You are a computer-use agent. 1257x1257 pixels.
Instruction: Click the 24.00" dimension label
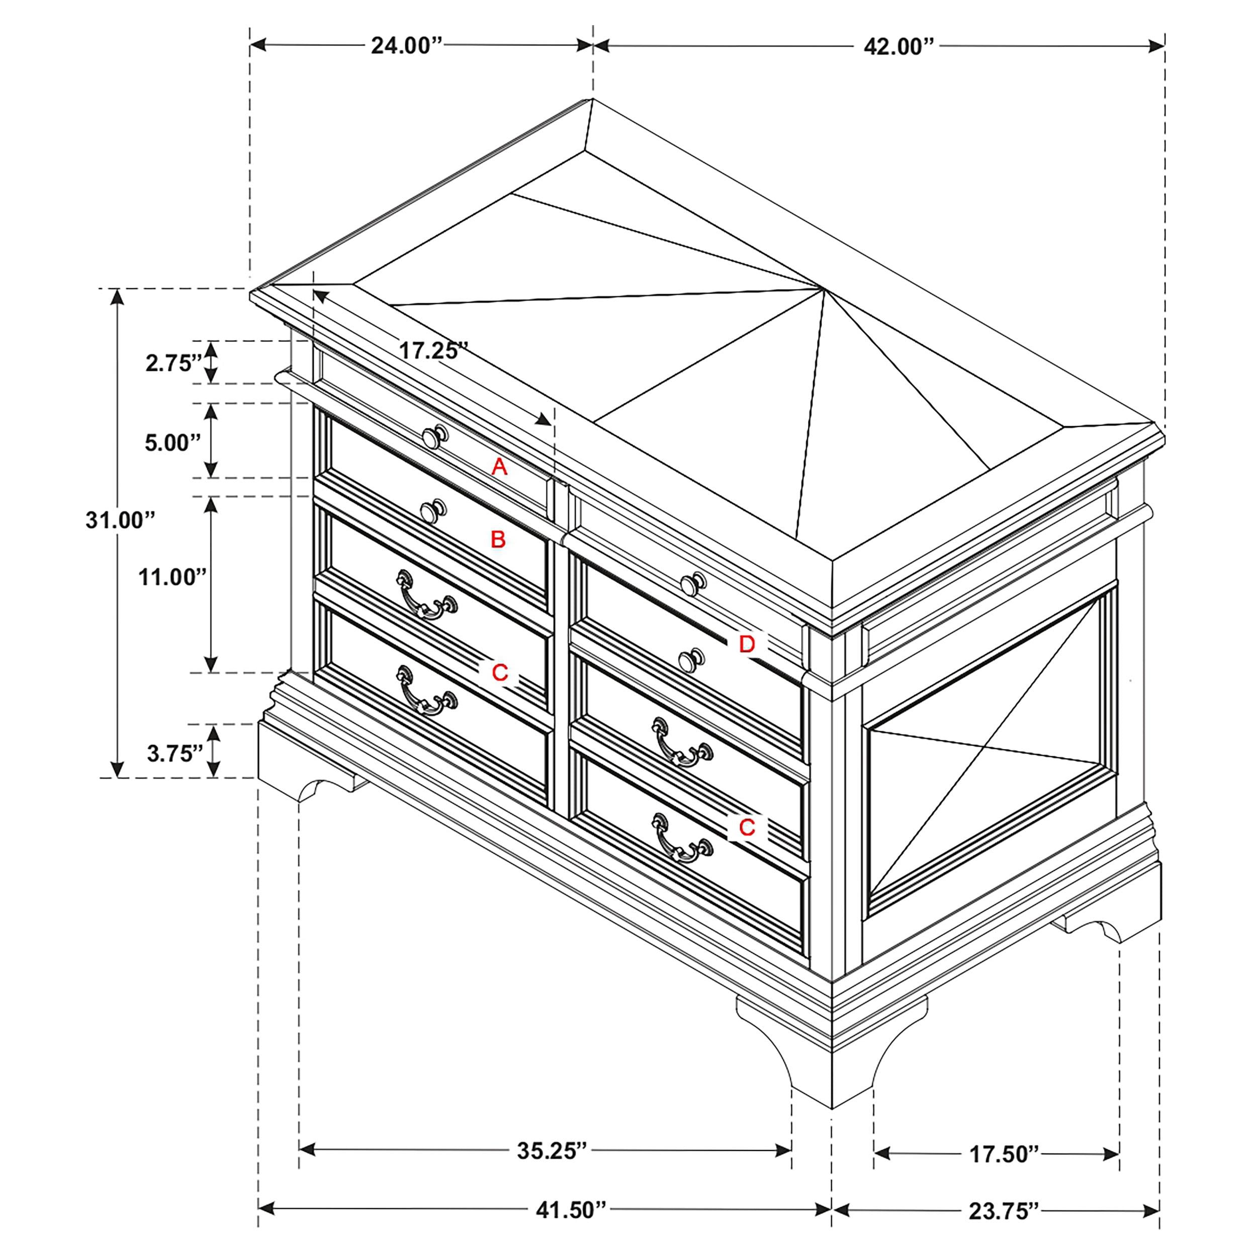tap(407, 46)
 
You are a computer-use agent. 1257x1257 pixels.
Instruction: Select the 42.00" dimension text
tap(899, 46)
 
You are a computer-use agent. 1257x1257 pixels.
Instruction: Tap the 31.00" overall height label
tap(120, 520)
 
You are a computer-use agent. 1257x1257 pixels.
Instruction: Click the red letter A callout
tap(499, 466)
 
